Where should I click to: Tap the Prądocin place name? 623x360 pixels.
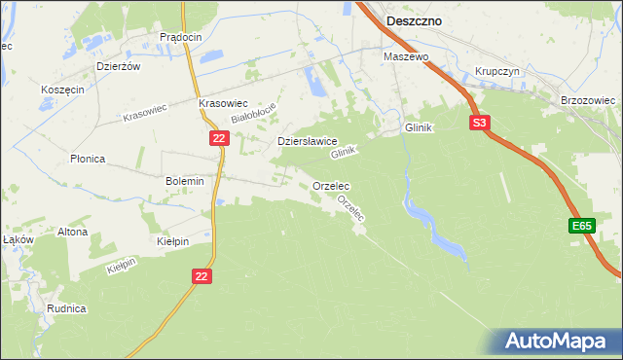point(180,37)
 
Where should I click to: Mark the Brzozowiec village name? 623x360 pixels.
point(588,100)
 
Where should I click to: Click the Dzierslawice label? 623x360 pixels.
point(308,140)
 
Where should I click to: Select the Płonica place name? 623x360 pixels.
point(88,159)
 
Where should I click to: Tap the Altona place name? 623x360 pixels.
point(72,232)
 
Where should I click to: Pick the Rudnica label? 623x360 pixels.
point(67,308)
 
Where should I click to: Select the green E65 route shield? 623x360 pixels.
point(582,226)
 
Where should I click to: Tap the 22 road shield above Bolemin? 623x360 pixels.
point(219,139)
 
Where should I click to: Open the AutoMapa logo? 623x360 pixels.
point(560,342)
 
